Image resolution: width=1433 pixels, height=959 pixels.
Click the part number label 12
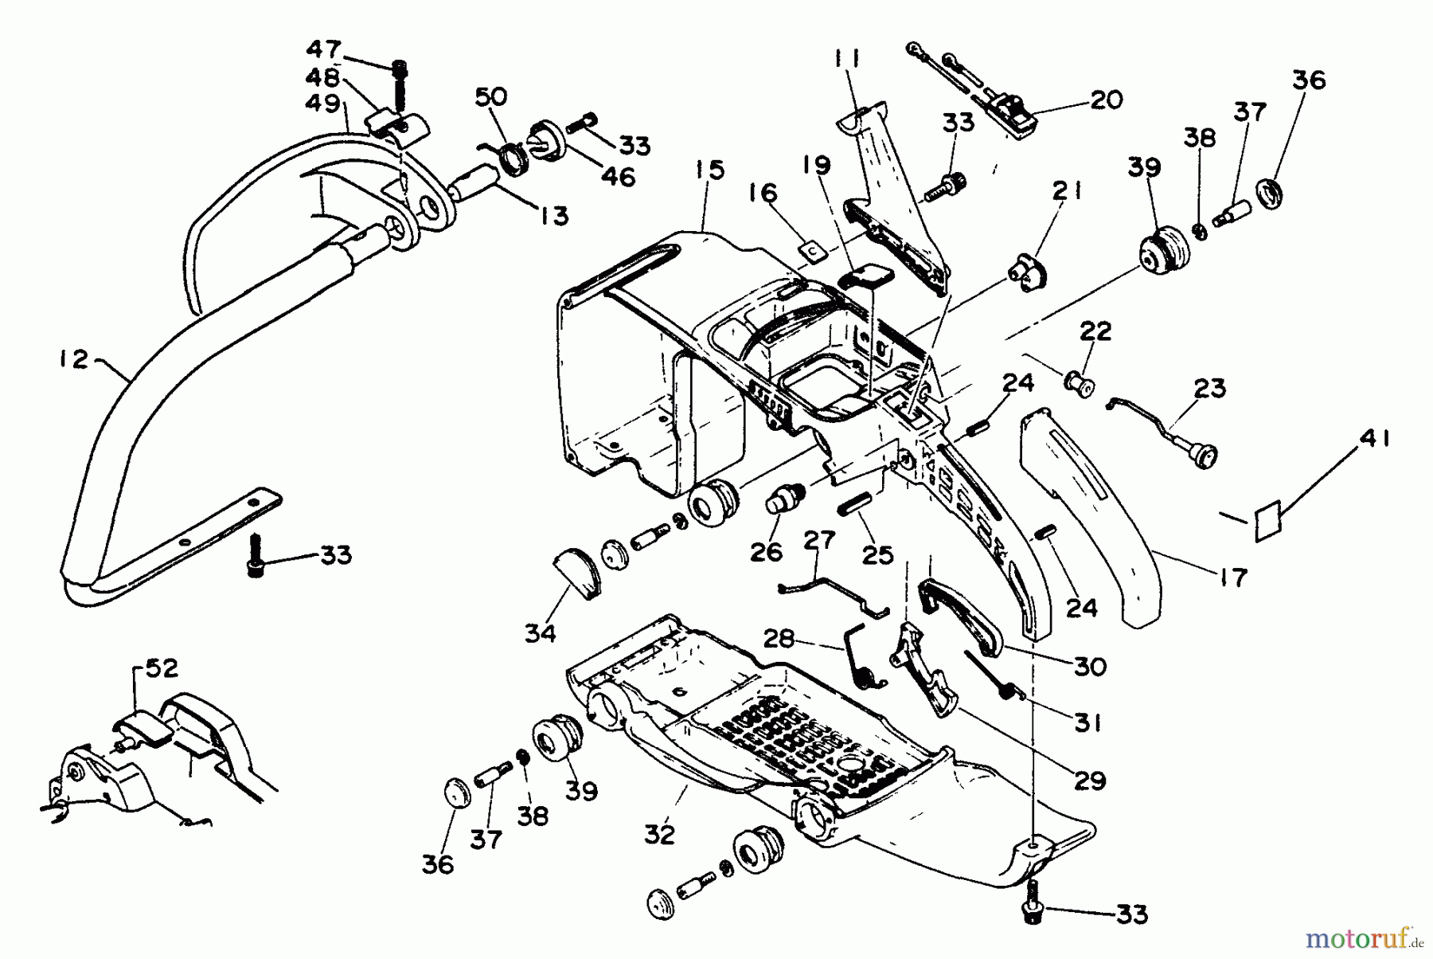point(73,360)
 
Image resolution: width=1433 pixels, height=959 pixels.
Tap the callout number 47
point(324,49)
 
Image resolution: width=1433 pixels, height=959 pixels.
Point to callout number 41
point(1374,439)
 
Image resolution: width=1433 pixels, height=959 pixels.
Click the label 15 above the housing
point(709,170)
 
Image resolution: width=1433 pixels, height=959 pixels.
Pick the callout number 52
point(162,669)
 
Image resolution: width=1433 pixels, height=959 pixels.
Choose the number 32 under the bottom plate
point(659,834)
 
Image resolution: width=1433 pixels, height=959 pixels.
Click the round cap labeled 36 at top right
point(1271,194)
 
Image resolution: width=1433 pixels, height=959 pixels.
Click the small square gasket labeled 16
point(811,251)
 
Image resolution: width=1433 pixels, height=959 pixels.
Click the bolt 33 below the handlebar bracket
point(256,556)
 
